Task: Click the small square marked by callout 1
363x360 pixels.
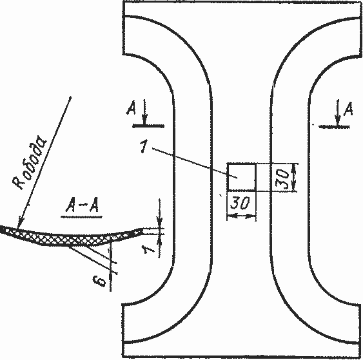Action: coord(241,177)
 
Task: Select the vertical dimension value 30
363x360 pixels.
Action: coord(282,178)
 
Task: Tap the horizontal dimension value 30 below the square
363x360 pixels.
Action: coord(240,203)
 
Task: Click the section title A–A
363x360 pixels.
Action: coord(82,205)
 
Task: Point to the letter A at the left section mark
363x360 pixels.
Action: coord(132,108)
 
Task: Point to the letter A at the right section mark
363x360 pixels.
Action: coord(348,109)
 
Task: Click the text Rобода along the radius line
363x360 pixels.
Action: coord(30,163)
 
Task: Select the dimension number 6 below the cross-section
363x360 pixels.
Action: coord(99,281)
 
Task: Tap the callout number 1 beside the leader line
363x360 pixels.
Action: coord(144,147)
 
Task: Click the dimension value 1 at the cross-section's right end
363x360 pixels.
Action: coord(148,249)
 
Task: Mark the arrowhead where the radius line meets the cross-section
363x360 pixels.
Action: coord(20,223)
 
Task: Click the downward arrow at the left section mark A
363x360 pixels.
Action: coord(144,113)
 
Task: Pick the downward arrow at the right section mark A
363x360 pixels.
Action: coord(338,113)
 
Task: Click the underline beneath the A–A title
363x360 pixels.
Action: coord(81,217)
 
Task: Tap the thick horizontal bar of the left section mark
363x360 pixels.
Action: coord(148,126)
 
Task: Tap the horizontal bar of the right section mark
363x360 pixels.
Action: coord(334,127)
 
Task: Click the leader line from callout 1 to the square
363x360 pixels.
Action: coord(195,163)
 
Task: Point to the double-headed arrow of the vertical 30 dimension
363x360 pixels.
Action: coord(293,177)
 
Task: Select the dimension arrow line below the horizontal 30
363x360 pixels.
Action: coord(241,216)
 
